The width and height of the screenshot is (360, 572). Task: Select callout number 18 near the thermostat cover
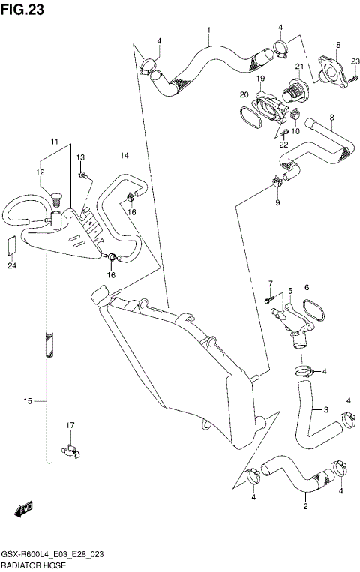(337, 46)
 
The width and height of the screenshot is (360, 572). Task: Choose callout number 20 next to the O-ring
(244, 94)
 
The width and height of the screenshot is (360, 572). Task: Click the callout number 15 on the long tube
(27, 402)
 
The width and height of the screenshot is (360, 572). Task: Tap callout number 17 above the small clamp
(70, 426)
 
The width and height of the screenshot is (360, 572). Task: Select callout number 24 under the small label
(12, 265)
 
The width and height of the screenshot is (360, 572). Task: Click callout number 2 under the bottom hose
(305, 507)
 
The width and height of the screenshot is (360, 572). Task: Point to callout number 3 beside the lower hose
(326, 410)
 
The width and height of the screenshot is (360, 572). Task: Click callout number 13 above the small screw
(80, 157)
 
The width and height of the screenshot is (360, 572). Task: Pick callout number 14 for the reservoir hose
(124, 156)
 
